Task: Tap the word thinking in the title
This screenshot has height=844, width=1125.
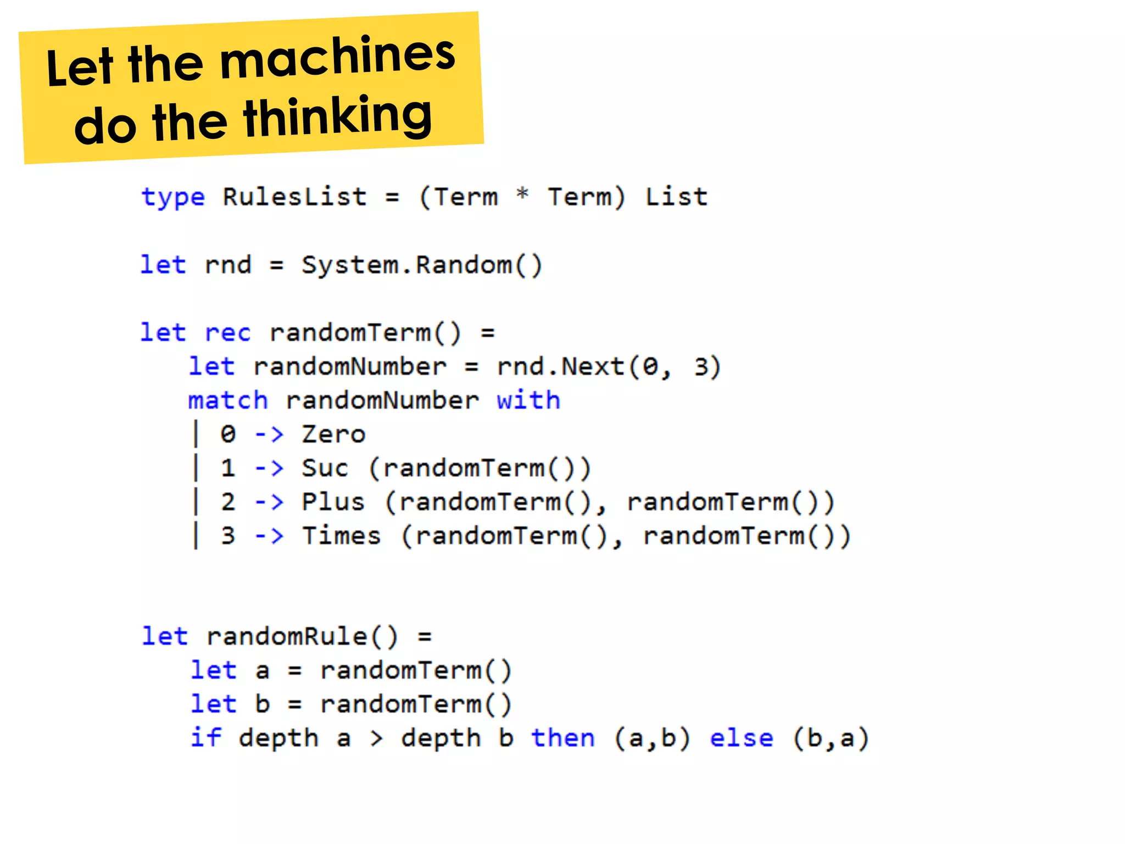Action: (337, 116)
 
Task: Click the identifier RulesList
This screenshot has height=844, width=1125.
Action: (294, 197)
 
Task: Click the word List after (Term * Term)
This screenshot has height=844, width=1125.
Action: (676, 197)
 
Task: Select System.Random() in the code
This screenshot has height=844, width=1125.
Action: (422, 265)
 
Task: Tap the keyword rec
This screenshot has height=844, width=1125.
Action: (227, 333)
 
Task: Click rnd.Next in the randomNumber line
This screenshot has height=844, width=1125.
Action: (560, 367)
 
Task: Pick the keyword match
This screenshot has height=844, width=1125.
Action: (228, 401)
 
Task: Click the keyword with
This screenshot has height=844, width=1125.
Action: (528, 400)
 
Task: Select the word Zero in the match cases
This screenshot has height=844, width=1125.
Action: (333, 435)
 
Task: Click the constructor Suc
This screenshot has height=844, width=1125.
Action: (325, 468)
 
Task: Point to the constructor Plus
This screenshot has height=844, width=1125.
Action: (333, 502)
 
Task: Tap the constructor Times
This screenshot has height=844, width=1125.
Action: (341, 536)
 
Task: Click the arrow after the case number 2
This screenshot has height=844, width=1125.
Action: (269, 502)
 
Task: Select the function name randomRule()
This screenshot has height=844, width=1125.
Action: (302, 637)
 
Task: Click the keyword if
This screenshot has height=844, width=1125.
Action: (206, 738)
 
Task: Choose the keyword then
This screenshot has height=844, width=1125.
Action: (562, 738)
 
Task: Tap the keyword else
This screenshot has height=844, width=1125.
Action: (741, 738)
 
